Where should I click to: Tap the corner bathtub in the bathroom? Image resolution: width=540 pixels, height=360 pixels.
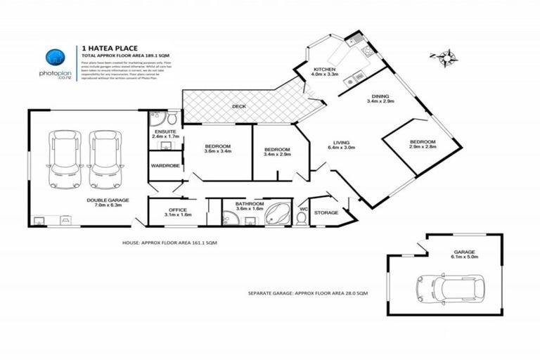click(x=278, y=214)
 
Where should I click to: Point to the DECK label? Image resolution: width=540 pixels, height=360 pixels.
click(x=239, y=107)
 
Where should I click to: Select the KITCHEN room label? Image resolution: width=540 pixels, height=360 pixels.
click(x=324, y=69)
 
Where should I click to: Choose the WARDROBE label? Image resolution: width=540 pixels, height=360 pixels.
click(x=165, y=166)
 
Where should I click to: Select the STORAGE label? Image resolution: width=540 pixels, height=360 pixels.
click(x=326, y=212)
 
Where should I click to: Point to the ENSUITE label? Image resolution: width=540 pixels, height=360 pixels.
click(x=166, y=131)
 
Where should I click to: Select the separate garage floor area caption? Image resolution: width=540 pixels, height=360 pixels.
click(x=308, y=292)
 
